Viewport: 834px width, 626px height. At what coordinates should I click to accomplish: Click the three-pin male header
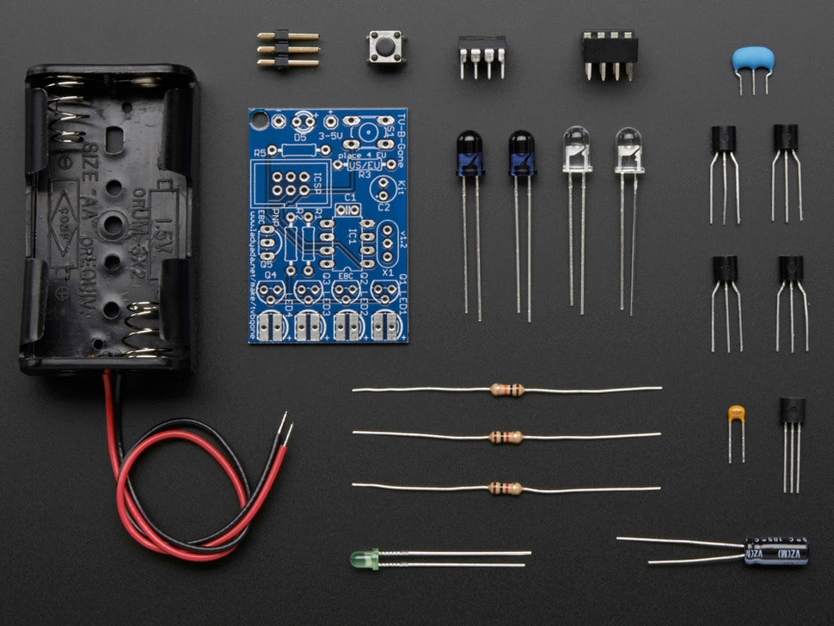287,49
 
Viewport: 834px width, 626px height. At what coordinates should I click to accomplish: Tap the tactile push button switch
387,46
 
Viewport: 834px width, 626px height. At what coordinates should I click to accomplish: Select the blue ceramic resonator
753,59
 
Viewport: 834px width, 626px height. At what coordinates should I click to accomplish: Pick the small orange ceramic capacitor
736,414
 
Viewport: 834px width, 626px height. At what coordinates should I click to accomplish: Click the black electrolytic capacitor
776,551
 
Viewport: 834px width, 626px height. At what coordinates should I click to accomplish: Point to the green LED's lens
359,560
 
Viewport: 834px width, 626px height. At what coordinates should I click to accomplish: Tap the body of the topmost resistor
507,390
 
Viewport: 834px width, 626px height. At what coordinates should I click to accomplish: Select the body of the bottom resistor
506,488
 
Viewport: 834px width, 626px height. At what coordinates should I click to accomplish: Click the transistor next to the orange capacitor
792,410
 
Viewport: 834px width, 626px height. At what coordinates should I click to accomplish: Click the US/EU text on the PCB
367,164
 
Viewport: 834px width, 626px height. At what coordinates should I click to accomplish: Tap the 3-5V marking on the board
331,136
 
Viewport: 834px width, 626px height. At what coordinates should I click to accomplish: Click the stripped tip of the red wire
289,430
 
